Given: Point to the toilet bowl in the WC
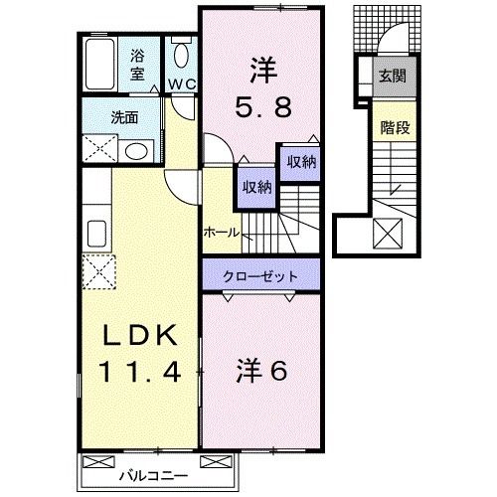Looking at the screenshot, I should pos(180,56).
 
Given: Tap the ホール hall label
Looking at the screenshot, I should pos(220,232).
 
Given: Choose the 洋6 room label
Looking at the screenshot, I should pos(262,370).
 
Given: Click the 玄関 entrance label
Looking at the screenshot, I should pos(391,74).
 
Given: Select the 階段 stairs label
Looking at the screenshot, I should pos(390,128).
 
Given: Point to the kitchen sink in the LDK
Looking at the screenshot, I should pos(96,234).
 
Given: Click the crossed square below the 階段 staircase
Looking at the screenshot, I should pos(387,234).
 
